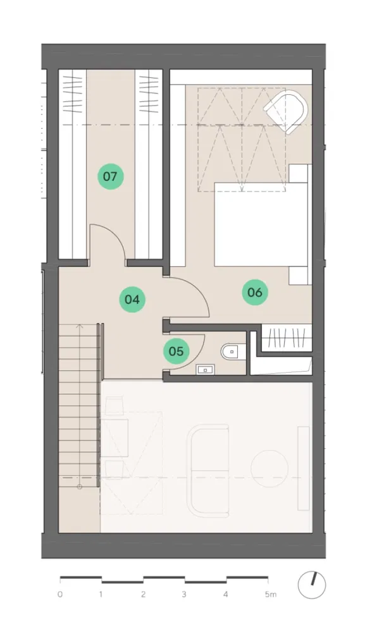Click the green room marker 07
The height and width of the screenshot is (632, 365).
click(x=110, y=176)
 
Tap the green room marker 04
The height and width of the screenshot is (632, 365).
click(x=132, y=300)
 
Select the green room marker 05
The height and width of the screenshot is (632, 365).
click(x=176, y=351)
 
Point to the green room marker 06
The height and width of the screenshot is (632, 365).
click(x=254, y=292)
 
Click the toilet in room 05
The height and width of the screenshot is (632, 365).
click(x=231, y=351)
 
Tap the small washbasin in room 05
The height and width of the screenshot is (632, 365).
click(x=206, y=369)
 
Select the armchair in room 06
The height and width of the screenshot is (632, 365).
click(x=286, y=109)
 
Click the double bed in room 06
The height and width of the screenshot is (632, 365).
click(x=262, y=224)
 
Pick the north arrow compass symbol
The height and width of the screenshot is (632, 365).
click(x=312, y=585)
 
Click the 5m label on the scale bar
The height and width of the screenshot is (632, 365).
click(x=271, y=595)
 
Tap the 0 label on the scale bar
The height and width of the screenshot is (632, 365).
click(x=60, y=595)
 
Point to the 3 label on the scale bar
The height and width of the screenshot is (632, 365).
click(x=184, y=595)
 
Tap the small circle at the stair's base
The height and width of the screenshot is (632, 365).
click(x=80, y=487)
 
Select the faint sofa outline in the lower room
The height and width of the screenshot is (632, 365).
click(x=208, y=470)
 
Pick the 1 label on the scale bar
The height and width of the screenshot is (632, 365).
click(x=101, y=595)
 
